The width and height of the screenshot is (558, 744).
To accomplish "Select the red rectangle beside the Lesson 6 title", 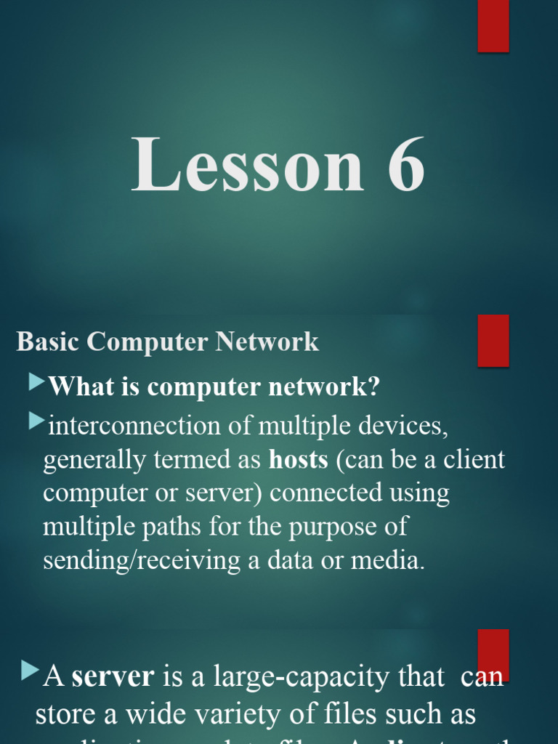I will click(x=493, y=25).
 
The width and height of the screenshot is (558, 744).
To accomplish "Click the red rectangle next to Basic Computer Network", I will click(x=493, y=340).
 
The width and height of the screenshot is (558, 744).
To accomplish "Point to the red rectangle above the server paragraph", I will click(x=493, y=654).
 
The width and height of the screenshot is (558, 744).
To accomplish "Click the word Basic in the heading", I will click(x=48, y=341).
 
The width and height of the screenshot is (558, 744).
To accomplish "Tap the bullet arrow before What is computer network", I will click(x=37, y=383).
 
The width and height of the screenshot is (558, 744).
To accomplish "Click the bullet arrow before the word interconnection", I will click(x=37, y=421).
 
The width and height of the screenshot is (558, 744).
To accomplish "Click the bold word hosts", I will click(x=298, y=460).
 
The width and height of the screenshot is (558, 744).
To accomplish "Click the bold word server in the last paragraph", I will click(x=113, y=677).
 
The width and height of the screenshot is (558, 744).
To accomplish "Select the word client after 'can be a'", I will click(x=472, y=460).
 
